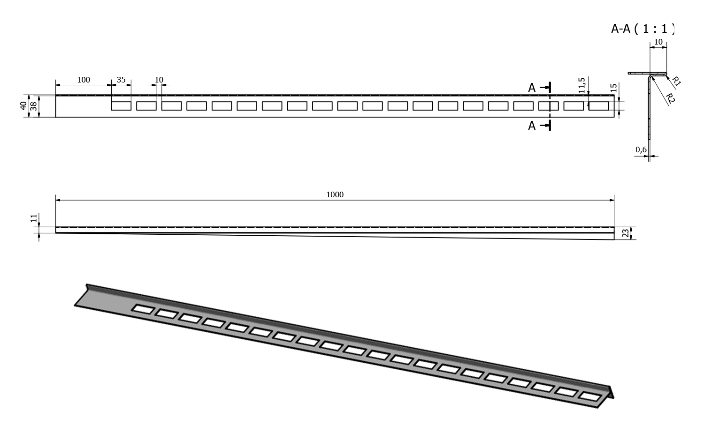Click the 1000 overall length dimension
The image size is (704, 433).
tap(335, 194)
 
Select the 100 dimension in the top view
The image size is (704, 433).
tap(83, 80)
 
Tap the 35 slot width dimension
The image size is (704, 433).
tap(121, 80)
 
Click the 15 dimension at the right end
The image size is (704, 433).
tap(613, 88)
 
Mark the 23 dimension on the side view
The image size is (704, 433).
tap(626, 233)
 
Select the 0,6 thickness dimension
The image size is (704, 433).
tap(641, 149)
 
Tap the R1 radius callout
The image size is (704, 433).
tap(676, 81)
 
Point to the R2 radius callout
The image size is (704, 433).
tap(670, 98)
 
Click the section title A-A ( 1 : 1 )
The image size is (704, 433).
tap(643, 29)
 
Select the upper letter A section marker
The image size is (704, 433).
tap(532, 88)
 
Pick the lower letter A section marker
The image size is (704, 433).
tap(532, 126)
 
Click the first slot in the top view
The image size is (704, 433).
tap(121, 106)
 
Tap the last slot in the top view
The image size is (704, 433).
tap(598, 106)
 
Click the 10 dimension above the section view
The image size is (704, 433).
tap(658, 42)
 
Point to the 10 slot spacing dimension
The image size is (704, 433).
tap(159, 80)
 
